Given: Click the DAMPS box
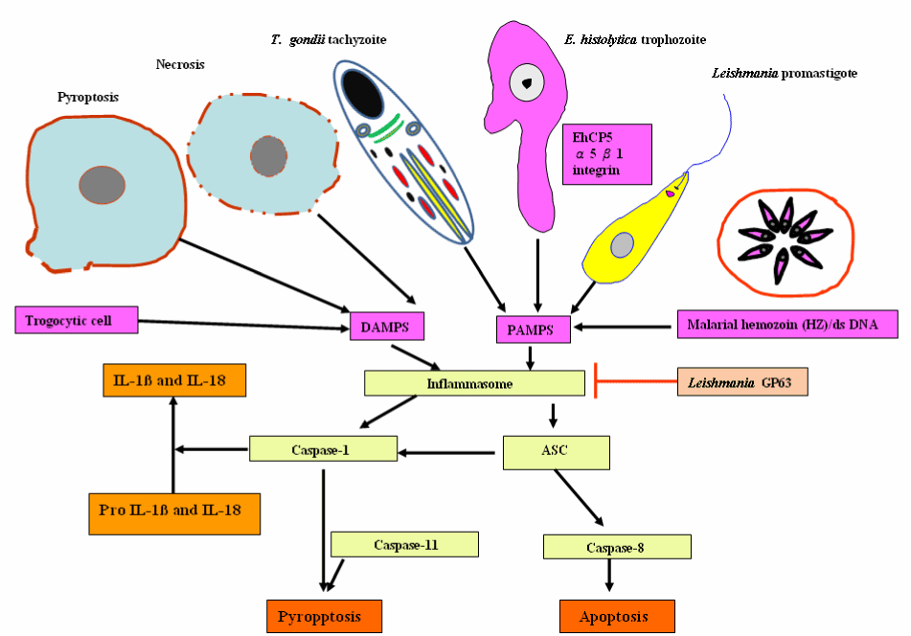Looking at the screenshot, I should pos(386,326).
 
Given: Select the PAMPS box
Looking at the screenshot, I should pos(534,329).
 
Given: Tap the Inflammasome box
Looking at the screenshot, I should pos(474,383).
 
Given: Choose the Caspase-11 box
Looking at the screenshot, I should pos(403,544).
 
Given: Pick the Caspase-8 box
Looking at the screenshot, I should pos(616,547).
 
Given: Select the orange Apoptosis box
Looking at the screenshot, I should pos(616,616).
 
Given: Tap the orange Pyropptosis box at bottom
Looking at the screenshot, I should pos(324,616).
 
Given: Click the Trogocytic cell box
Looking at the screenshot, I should pos(78,320).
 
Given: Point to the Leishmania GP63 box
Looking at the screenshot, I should pos(741,381).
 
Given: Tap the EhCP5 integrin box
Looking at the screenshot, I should pos(606,153).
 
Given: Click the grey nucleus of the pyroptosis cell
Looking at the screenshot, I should pos(102,185).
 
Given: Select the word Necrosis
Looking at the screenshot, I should pos(180,65).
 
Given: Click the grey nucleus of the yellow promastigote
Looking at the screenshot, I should pos(622,244).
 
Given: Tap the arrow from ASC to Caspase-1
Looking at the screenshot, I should pos(450,449).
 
